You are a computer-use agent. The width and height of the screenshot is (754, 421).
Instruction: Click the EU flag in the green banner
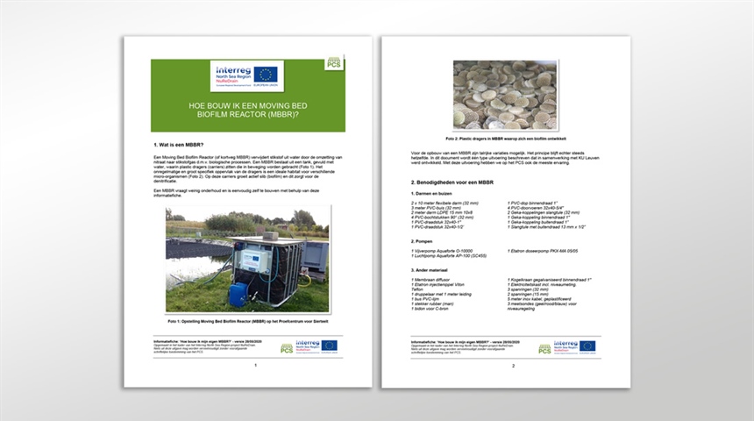[266, 75]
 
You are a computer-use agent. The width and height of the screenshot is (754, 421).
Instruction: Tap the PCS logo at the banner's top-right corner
[333, 63]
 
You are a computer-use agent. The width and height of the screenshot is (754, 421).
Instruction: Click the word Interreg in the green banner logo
[231, 70]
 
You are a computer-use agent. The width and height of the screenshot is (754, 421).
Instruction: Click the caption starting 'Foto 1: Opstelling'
[246, 321]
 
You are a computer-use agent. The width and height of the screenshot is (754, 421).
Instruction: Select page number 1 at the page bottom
[254, 365]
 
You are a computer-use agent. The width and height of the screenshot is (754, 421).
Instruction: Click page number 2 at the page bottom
[513, 365]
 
